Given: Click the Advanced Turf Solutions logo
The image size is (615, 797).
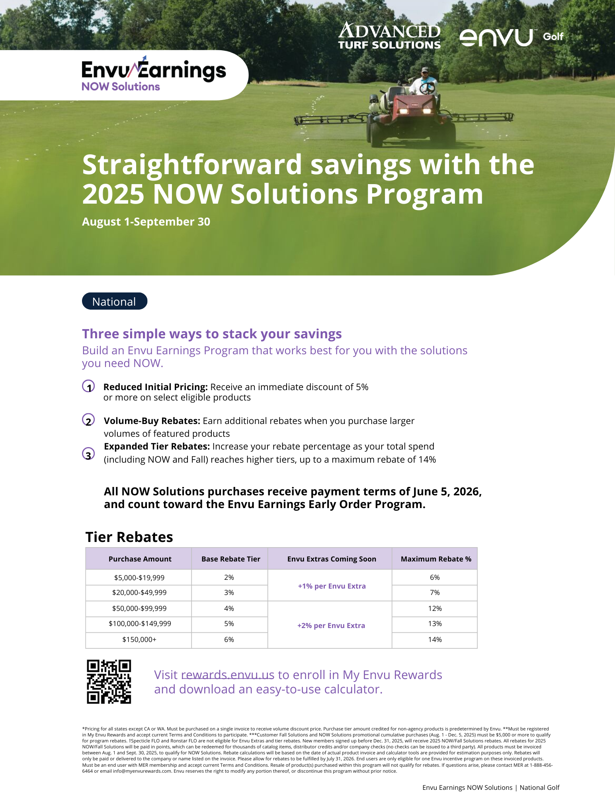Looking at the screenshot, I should [x=389, y=36].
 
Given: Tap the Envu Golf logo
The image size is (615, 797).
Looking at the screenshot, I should [x=511, y=37].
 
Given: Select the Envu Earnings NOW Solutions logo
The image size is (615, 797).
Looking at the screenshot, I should [x=153, y=75].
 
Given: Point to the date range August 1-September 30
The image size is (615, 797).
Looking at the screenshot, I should [x=146, y=222].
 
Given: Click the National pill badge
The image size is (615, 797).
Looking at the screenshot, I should [x=114, y=301].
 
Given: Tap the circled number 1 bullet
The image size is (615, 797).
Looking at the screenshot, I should [x=88, y=387].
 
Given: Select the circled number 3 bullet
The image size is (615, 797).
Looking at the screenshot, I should [x=88, y=454].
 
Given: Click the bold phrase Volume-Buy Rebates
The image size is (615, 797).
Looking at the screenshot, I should [x=152, y=421].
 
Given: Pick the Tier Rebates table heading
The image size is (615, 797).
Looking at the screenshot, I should [x=129, y=537].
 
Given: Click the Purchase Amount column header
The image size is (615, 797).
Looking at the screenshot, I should [x=140, y=559].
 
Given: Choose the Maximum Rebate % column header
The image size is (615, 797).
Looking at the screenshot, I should [x=435, y=559].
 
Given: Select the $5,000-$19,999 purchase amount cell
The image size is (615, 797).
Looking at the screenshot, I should [x=139, y=577].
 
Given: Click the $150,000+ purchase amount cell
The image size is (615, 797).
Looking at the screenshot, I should [x=139, y=640].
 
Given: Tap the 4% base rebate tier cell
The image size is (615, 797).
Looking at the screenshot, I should [x=229, y=609].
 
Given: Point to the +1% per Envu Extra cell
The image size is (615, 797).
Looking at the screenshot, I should [x=332, y=586].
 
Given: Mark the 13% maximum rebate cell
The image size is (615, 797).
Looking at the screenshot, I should [x=435, y=624].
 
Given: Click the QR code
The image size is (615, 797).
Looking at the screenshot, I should [x=109, y=682].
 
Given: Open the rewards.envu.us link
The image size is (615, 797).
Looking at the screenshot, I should [x=227, y=675].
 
